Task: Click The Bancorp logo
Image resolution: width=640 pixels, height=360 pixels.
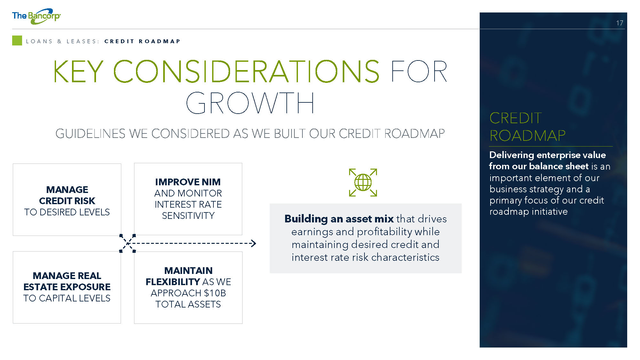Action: tap(36, 16)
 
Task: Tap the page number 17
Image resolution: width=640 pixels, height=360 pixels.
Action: tap(620, 23)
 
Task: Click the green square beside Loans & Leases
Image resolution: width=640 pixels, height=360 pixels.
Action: tap(17, 41)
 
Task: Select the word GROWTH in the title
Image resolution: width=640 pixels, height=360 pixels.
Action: tap(250, 103)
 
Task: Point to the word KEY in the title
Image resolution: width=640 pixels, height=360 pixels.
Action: tap(78, 71)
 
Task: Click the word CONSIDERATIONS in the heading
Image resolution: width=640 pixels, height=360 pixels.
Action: tap(246, 71)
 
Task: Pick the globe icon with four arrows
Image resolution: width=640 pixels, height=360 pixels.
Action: tap(363, 182)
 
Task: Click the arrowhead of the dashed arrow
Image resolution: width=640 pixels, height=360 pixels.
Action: tap(254, 244)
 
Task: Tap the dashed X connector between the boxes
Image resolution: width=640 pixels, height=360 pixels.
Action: tap(127, 244)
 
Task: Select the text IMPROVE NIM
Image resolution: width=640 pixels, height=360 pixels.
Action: tap(188, 182)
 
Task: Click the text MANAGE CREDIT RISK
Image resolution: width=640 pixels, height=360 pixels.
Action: tap(67, 195)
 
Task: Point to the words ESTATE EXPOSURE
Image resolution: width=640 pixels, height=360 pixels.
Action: tap(67, 287)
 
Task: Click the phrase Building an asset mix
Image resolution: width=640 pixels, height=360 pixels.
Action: tap(339, 219)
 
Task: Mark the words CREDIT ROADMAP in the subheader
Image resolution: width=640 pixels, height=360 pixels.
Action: tap(142, 41)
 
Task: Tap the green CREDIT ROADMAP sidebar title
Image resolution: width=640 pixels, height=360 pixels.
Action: tap(527, 127)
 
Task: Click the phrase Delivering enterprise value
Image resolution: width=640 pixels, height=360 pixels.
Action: tap(548, 155)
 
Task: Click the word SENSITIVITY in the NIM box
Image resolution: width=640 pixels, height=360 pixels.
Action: tap(188, 216)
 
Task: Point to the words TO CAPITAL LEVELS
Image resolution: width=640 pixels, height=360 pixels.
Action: tap(67, 298)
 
